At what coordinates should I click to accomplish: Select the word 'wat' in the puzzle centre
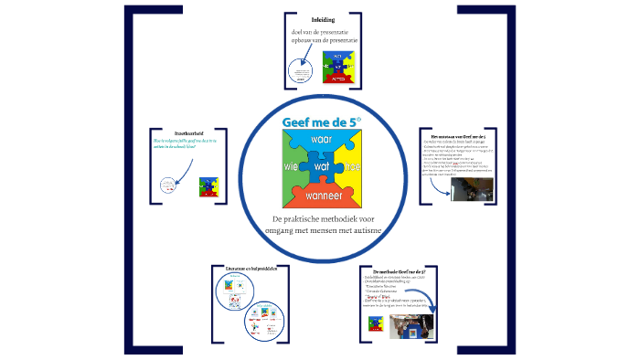click(322, 168)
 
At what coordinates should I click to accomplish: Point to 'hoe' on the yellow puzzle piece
click(353, 167)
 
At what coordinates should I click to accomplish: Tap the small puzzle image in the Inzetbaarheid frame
click(208, 185)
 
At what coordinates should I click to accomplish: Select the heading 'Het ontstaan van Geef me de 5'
click(462, 135)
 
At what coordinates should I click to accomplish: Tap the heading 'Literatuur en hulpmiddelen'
click(238, 268)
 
